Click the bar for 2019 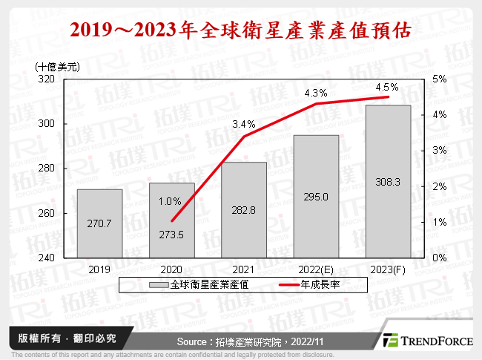click(x=100, y=223)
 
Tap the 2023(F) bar click(x=389, y=181)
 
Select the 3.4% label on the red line click(x=243, y=124)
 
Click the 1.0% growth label click(x=171, y=201)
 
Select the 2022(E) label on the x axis click(x=316, y=268)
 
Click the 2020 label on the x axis click(x=172, y=268)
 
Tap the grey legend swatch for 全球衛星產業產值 click(x=159, y=284)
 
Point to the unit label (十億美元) click(x=57, y=67)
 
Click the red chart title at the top click(x=241, y=32)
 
